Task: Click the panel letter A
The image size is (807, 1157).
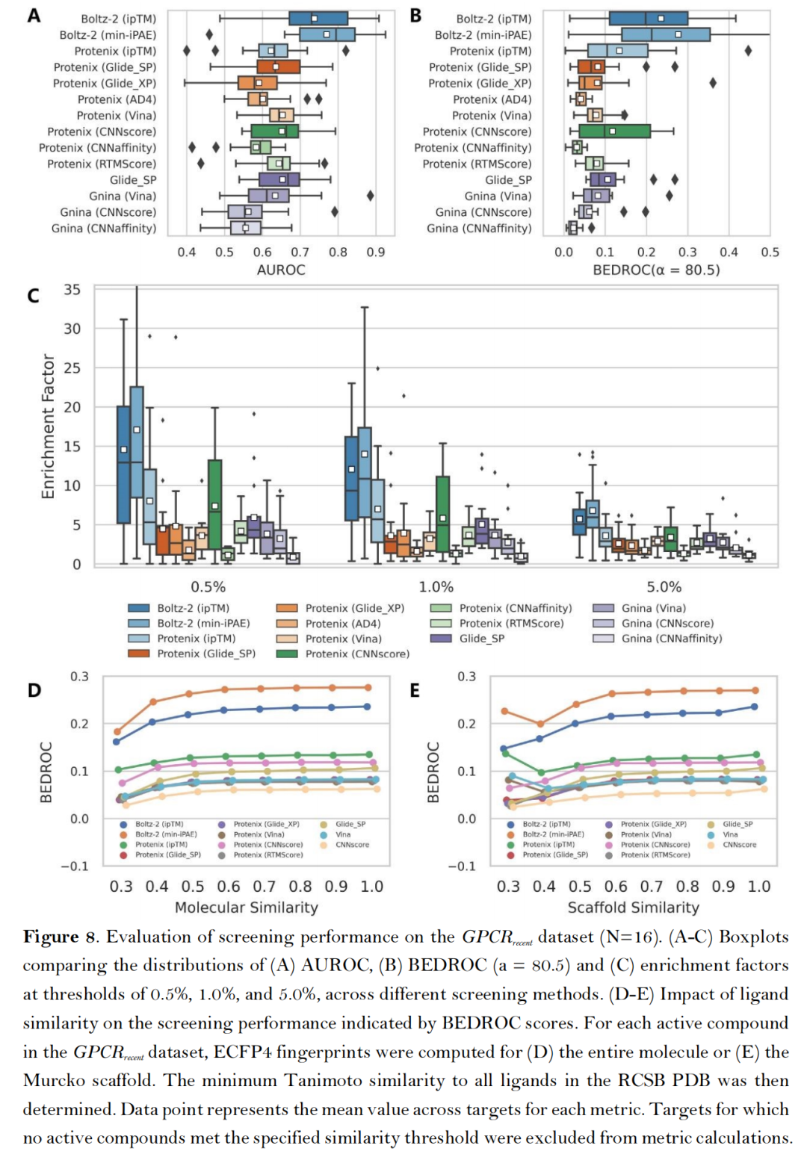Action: tap(34, 15)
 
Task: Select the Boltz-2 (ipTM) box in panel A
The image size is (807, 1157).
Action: tap(318, 19)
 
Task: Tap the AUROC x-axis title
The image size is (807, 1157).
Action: tap(281, 270)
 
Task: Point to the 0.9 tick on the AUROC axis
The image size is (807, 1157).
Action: tap(376, 252)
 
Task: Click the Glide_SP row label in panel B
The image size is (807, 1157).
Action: tap(508, 180)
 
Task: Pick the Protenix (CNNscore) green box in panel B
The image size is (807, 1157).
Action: tap(614, 131)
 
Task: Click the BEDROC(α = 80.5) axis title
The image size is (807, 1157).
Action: tap(656, 270)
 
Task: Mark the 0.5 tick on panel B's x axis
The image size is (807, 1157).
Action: tap(770, 252)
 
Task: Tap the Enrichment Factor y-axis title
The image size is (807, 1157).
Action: tap(49, 426)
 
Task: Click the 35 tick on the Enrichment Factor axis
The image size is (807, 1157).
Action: tap(72, 290)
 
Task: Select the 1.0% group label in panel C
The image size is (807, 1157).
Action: tap(436, 587)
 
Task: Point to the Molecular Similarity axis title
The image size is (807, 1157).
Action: tap(247, 908)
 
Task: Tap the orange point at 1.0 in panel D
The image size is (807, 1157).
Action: tap(367, 687)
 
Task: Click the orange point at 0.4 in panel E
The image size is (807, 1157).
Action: tap(540, 724)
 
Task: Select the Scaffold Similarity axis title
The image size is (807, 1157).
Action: tap(633, 908)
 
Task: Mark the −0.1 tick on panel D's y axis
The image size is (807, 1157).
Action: tap(75, 866)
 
